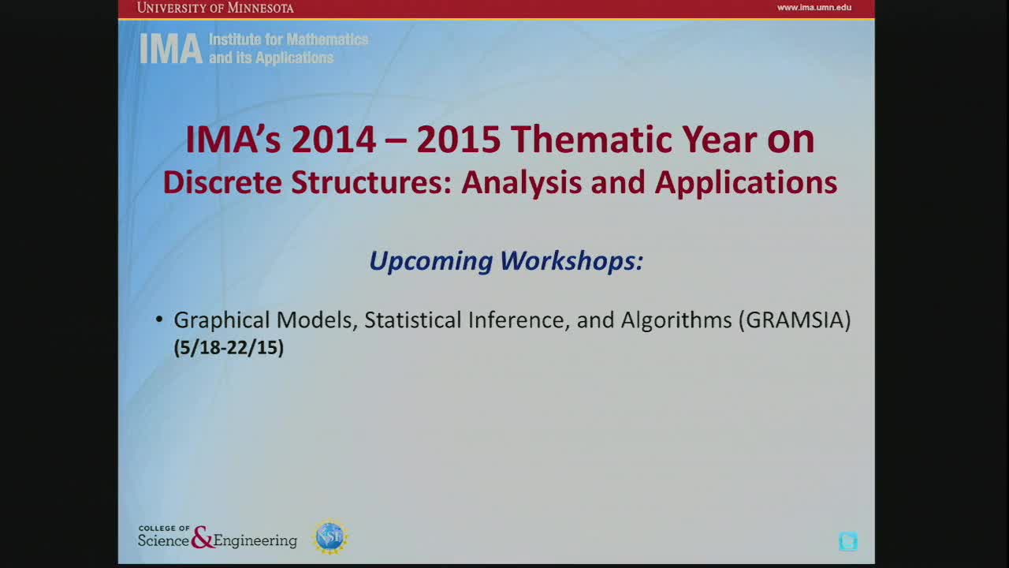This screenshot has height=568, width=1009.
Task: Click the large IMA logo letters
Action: (x=171, y=49)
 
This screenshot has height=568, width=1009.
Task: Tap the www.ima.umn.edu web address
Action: (x=814, y=7)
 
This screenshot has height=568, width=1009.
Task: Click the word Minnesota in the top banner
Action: (x=260, y=8)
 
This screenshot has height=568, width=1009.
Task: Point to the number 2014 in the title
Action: (x=333, y=140)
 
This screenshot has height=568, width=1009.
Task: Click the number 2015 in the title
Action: (x=458, y=140)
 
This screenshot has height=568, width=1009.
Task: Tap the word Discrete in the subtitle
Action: (x=222, y=182)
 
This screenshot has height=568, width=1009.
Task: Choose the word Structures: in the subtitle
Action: (x=371, y=182)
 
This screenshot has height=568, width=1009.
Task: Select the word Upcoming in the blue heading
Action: (x=431, y=261)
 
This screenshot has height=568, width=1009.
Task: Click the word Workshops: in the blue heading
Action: (x=572, y=260)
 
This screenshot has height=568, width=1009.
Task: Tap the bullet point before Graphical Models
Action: (x=159, y=319)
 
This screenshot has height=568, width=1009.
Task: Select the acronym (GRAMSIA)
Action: (x=795, y=320)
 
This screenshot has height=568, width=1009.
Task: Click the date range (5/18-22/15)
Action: (x=229, y=348)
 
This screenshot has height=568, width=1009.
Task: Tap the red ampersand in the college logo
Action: (x=202, y=537)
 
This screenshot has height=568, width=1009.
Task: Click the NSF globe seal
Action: (x=330, y=537)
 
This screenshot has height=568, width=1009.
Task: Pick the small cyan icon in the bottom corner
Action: (x=848, y=541)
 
